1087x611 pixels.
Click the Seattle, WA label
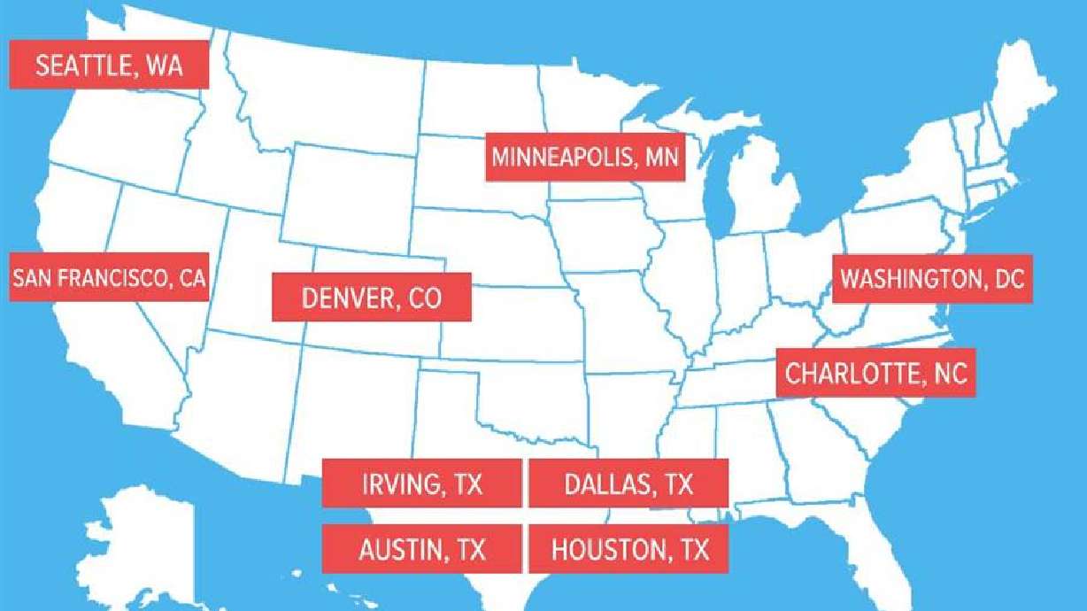(109, 65)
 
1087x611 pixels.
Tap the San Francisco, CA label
(109, 278)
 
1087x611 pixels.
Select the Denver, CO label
(371, 298)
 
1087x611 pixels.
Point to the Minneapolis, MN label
(584, 158)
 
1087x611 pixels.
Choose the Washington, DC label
(931, 280)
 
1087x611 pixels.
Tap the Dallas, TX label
(628, 483)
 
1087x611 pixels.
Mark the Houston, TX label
(628, 549)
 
